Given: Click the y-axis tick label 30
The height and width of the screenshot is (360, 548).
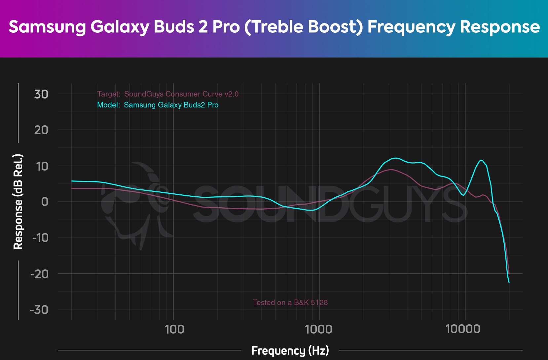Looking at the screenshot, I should coord(41,95).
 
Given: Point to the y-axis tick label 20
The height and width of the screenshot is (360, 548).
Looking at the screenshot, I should coord(41,130).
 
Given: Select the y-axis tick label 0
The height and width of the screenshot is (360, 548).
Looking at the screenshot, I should coord(45,202).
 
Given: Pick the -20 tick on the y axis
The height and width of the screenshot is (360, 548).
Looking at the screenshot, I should coord(39,274).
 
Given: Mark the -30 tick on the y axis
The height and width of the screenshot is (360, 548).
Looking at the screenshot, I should coord(39,310).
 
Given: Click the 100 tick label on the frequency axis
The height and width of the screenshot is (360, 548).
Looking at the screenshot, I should coord(174,329).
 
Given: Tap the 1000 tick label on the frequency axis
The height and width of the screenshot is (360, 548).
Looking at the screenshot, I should coord(319,329).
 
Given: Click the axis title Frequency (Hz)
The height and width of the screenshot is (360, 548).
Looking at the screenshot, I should coord(290,350).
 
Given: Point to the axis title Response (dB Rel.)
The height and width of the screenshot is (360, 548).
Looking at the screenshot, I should coord(18,201).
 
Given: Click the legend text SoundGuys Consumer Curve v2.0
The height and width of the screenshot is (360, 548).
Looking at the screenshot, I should coord(181,94).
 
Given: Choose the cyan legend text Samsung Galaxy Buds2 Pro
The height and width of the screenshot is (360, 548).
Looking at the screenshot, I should coord(171,105).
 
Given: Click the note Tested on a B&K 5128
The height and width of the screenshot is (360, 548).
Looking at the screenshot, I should coord(290,302).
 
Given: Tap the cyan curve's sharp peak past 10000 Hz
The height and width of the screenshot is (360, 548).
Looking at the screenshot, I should coord(481,160).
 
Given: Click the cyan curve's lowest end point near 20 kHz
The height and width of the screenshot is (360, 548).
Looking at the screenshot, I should coord(509,282).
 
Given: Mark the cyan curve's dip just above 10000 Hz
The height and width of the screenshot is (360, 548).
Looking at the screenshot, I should coord(463,195).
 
